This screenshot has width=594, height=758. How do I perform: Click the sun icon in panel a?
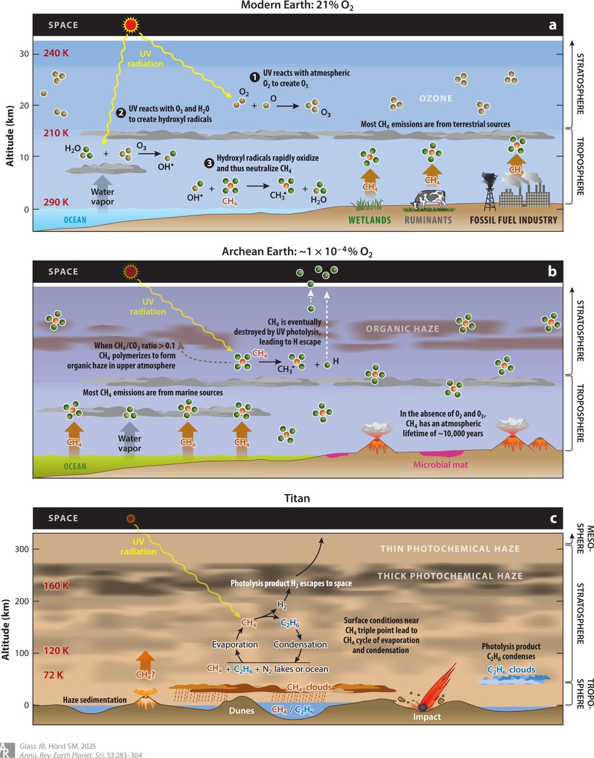pos(131,25)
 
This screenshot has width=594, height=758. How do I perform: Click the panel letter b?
pos(552,272)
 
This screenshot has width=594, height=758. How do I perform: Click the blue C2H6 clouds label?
pos(511,670)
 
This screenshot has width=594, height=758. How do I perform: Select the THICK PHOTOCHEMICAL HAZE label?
pos(449,576)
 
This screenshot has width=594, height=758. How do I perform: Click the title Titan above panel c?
pos(296,497)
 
